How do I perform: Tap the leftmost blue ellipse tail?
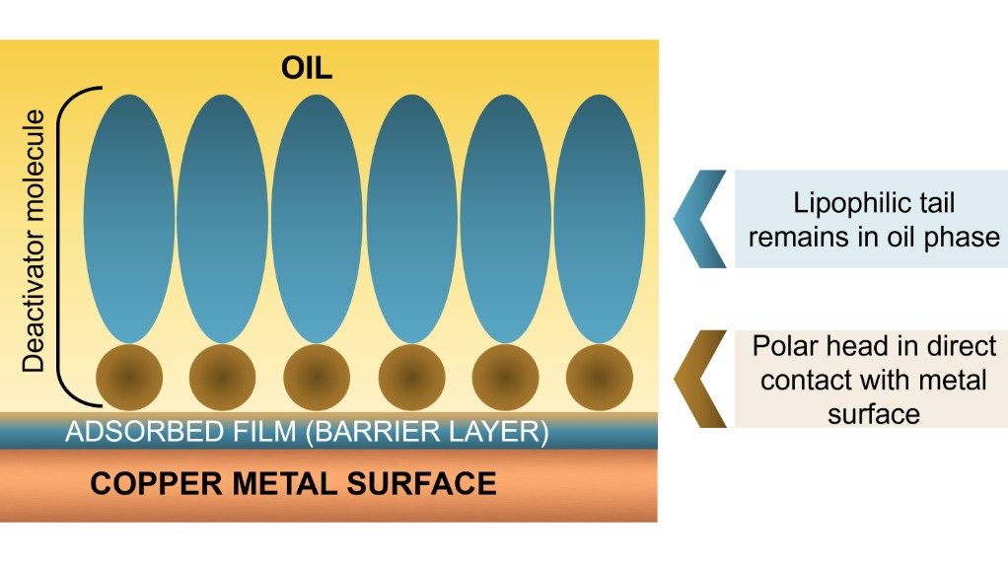coord(128,217)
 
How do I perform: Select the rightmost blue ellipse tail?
coord(599,217)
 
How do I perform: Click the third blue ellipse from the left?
coord(317,217)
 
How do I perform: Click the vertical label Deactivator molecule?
coord(36,242)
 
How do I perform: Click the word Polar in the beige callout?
coord(784,347)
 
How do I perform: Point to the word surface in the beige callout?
coord(874,412)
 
